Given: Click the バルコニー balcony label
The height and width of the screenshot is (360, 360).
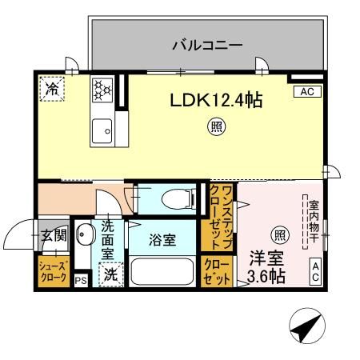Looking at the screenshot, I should pyautogui.click(x=207, y=46).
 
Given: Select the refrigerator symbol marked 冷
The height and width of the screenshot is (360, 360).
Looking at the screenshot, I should pyautogui.click(x=51, y=89).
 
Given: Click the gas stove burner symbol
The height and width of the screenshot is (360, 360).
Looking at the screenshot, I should pyautogui.click(x=103, y=90).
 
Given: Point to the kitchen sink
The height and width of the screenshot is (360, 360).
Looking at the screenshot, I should pyautogui.click(x=102, y=129).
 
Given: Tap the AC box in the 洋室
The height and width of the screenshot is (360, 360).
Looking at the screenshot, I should pyautogui.click(x=315, y=271).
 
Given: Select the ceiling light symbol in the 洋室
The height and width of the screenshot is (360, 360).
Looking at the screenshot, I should pyautogui.click(x=280, y=234).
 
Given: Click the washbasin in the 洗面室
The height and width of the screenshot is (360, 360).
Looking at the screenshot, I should pyautogui.click(x=86, y=237).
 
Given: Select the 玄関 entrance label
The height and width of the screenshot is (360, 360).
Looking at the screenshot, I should pyautogui.click(x=54, y=237).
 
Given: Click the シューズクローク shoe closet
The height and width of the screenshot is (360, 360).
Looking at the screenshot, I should pyautogui.click(x=53, y=270).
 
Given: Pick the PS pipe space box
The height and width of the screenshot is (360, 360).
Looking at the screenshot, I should pyautogui.click(x=80, y=280).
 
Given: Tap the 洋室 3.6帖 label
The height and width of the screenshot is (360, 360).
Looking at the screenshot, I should pyautogui.click(x=266, y=268).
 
